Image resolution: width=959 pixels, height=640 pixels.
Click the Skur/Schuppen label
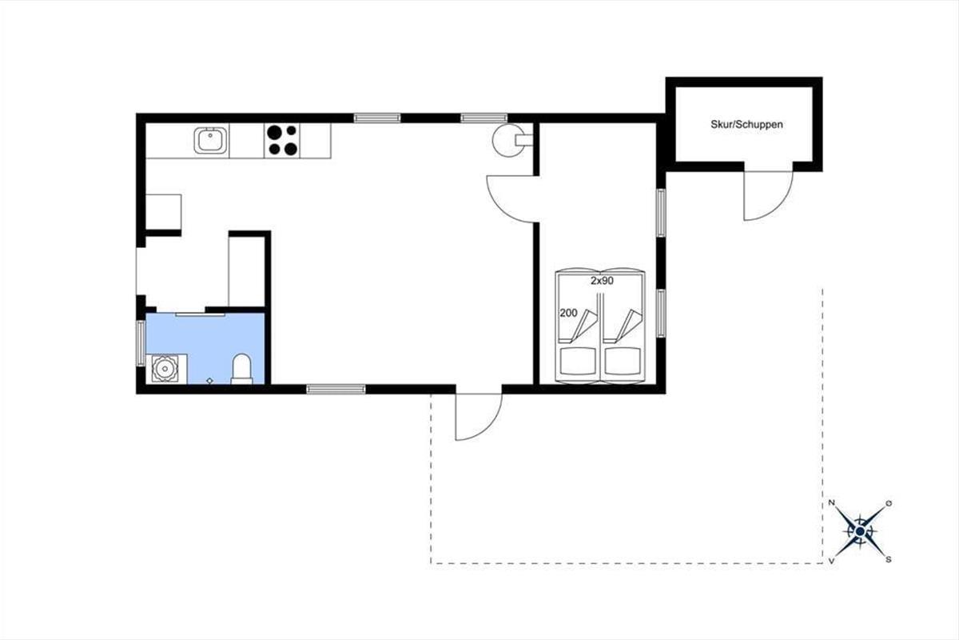[746, 124]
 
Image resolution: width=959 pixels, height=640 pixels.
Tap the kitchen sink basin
[210, 140]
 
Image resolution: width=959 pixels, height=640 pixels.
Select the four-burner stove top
[282, 140]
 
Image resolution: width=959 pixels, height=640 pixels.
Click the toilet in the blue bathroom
[242, 369]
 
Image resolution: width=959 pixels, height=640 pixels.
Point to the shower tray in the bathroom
[166, 369]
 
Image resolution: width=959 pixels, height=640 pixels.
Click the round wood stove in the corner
[511, 139]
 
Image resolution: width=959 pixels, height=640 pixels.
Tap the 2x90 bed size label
[602, 281]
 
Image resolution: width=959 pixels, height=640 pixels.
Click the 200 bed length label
[568, 314]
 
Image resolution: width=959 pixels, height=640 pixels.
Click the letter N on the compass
[831, 503]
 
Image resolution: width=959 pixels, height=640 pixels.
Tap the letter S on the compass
[889, 559]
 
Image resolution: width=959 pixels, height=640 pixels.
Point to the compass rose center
[860, 531]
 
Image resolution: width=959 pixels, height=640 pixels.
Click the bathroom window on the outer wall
[141, 343]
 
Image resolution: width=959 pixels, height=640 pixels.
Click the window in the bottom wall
[336, 390]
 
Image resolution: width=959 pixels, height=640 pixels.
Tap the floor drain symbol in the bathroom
[209, 381]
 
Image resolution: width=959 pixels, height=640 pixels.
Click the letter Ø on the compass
[889, 503]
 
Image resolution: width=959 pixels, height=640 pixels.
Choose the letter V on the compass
[831, 560]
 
